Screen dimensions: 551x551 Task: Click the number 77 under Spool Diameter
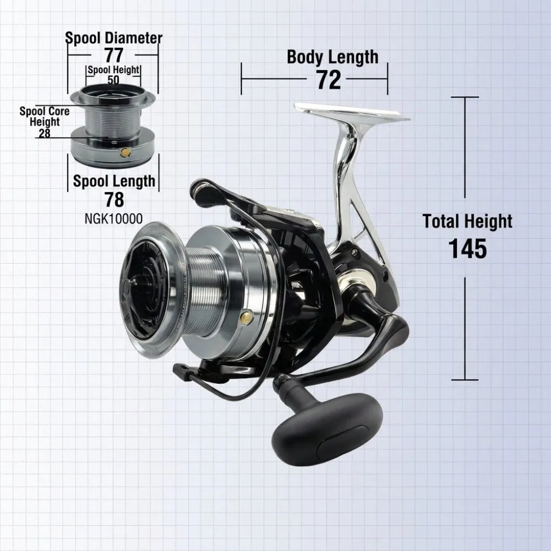114,55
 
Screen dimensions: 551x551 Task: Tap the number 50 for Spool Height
113,80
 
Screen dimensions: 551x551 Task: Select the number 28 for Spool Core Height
45,133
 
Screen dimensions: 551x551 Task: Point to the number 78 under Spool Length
114,200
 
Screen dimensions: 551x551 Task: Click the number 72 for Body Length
329,80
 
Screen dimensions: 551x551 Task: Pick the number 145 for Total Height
468,248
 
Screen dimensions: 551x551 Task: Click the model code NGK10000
113,219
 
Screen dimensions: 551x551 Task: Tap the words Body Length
332,57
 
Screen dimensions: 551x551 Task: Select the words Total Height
467,221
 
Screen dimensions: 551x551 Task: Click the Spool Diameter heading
114,37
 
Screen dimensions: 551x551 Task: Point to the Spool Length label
114,181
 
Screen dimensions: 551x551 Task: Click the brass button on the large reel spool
246,317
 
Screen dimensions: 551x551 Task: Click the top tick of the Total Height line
465,97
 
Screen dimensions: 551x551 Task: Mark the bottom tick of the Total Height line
465,380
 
